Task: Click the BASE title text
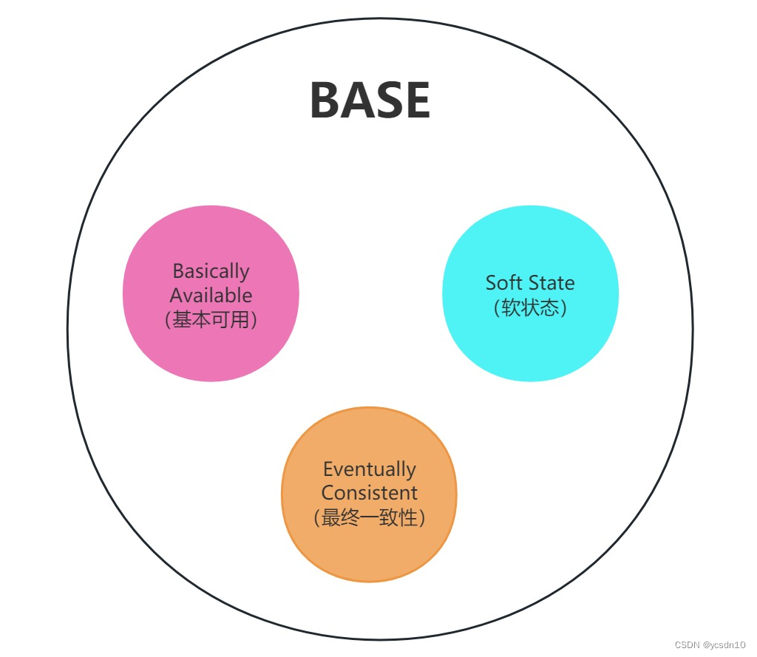tap(370, 101)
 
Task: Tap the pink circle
tap(211, 347)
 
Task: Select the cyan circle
tap(530, 347)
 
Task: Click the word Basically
tap(211, 271)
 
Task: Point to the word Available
tap(211, 296)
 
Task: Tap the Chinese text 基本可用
tap(211, 320)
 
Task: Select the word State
tap(551, 282)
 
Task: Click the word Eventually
tap(369, 469)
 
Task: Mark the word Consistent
tap(369, 493)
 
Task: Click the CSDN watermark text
tap(688, 645)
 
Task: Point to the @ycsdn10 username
tap(725, 645)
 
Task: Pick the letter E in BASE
tap(416, 101)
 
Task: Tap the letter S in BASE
tap(387, 101)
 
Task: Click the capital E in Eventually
tap(328, 469)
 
